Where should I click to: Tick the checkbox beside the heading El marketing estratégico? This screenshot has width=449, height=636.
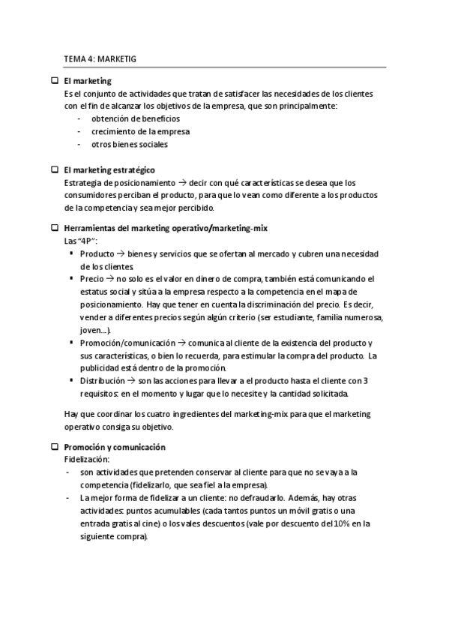pyautogui.click(x=54, y=170)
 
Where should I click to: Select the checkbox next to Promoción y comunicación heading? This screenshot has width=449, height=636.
pyautogui.click(x=54, y=447)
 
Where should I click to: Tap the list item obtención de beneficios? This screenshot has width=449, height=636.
pyautogui.click(x=135, y=118)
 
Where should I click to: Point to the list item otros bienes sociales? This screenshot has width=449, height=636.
pyautogui.click(x=130, y=144)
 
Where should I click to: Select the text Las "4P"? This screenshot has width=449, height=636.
pyautogui.click(x=82, y=240)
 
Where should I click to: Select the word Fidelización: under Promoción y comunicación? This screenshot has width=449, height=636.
pyautogui.click(x=88, y=459)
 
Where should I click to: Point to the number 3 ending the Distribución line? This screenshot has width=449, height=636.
pyautogui.click(x=364, y=381)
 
